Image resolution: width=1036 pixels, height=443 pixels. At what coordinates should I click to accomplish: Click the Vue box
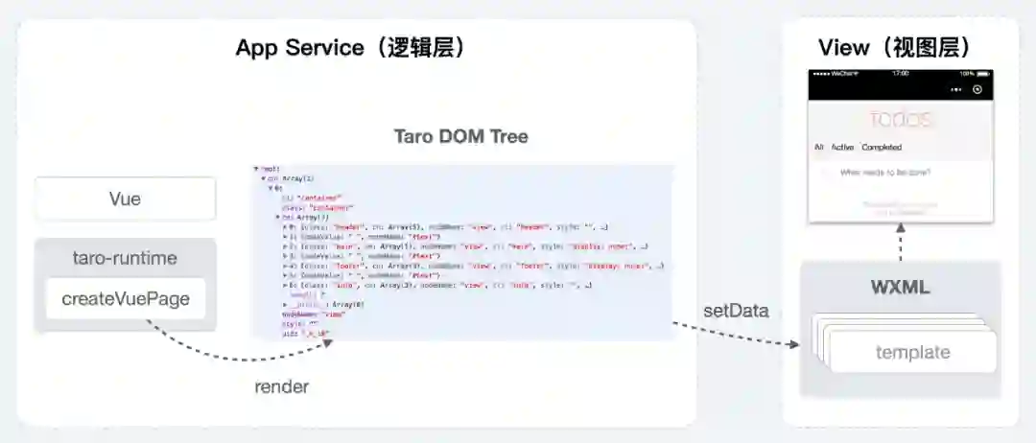[x=126, y=199]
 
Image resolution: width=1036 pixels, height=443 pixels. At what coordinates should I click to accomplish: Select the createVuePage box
[x=126, y=298]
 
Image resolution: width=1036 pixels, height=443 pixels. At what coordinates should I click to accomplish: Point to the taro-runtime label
[x=126, y=258]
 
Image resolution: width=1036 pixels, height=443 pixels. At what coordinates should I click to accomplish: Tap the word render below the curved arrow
[x=282, y=386]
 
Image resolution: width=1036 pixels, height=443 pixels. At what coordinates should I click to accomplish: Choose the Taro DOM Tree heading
[x=461, y=136]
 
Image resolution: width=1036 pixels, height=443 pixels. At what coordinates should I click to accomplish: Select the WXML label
[x=900, y=288]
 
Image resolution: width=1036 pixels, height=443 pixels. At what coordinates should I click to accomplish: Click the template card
[x=912, y=352]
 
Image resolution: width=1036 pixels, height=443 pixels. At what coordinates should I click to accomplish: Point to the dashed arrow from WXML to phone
[x=901, y=242]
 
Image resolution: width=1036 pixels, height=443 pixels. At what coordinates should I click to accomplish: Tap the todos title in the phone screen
[x=900, y=120]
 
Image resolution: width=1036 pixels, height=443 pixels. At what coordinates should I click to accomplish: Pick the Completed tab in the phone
[x=881, y=148]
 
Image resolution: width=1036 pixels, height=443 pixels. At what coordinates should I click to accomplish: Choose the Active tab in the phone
[x=842, y=148]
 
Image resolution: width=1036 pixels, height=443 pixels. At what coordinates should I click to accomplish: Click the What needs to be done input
[x=884, y=173]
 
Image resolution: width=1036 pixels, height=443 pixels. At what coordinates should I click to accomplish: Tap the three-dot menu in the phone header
[x=954, y=89]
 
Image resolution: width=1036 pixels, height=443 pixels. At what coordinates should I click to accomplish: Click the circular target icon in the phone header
[x=977, y=89]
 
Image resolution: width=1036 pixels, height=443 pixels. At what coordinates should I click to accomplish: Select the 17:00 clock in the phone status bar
[x=900, y=73]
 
